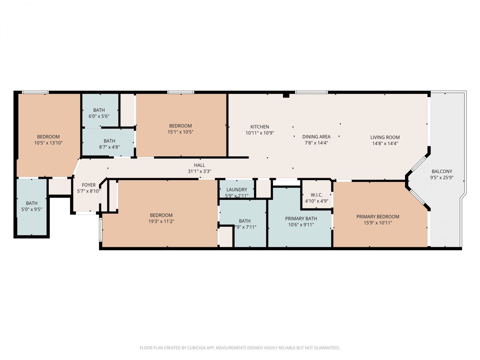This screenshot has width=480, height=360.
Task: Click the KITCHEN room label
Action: click(259, 127)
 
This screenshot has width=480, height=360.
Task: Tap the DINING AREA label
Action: click(316, 137)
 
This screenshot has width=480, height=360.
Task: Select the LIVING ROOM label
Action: click(385, 137)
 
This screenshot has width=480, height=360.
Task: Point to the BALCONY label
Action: click(442, 171)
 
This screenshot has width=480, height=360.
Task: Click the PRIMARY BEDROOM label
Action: click(378, 217)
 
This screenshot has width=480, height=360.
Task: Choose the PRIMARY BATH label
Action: click(301, 219)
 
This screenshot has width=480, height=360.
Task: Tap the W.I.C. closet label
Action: click(316, 195)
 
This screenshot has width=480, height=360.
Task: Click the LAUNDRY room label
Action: click(237, 190)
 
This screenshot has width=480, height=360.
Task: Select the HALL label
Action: click(199, 165)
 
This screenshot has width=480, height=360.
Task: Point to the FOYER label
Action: click(89, 185)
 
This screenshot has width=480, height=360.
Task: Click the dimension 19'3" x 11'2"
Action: click(161, 221)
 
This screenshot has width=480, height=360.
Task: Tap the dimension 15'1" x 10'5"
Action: click(180, 132)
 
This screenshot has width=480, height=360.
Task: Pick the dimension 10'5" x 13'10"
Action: click(48, 143)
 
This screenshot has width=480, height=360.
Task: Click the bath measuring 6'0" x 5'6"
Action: click(99, 113)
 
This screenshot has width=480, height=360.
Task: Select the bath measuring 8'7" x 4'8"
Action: click(109, 144)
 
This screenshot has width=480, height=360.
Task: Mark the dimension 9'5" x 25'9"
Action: click(442, 178)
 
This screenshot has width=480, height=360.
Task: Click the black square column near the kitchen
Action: click(286, 95)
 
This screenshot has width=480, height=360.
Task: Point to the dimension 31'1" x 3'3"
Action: click(199, 171)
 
